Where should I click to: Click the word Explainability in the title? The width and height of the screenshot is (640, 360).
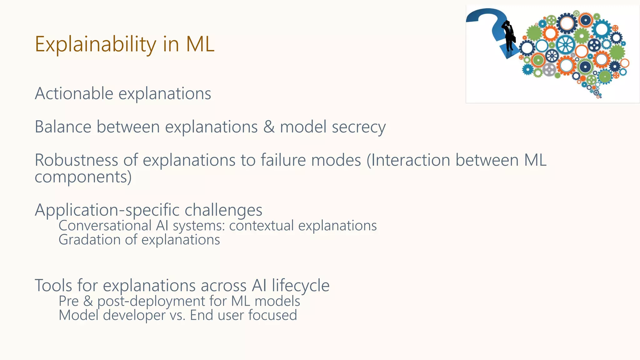(x=95, y=44)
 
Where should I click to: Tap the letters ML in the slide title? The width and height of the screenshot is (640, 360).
(x=200, y=44)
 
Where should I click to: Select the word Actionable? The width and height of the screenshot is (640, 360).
(x=74, y=93)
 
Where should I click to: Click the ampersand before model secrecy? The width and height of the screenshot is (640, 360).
(x=269, y=127)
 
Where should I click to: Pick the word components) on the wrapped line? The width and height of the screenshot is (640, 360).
(x=83, y=177)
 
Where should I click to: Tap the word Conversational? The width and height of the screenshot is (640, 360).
(x=105, y=226)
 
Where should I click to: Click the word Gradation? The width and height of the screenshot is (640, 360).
(x=89, y=240)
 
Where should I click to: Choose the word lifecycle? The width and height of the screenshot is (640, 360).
(x=300, y=286)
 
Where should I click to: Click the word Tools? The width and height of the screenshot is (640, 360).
(x=53, y=286)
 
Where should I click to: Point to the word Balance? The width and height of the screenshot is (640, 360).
(x=63, y=127)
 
